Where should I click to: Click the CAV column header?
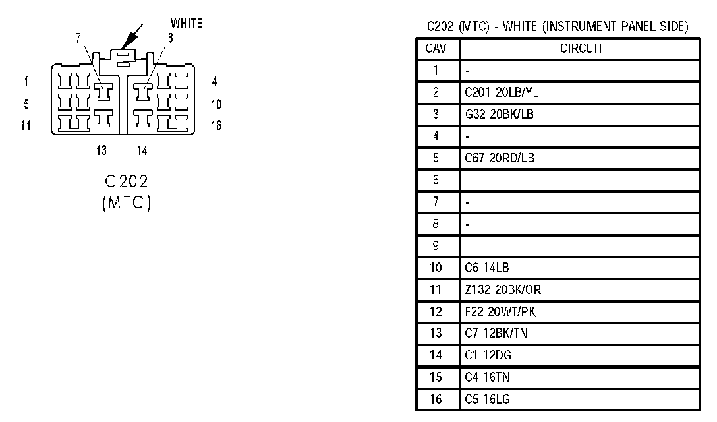tap(436, 49)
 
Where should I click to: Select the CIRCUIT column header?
tap(581, 49)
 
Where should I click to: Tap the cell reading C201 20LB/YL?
tap(497, 93)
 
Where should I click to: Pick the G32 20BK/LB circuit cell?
tap(499, 115)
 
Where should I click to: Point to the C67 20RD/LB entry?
tap(499, 158)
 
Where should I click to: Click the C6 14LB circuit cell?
tap(486, 268)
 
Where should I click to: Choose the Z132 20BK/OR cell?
tap(503, 289)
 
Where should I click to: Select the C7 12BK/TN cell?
tap(496, 333)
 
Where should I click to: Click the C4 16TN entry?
tap(487, 377)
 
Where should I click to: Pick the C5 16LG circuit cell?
tap(487, 399)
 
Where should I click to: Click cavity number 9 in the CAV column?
tap(436, 246)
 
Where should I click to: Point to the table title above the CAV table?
tap(558, 27)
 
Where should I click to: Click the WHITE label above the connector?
tap(186, 24)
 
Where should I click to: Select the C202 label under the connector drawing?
tap(127, 182)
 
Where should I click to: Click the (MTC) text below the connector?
tap(127, 203)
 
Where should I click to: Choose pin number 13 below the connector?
tap(101, 150)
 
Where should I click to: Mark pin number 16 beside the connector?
tap(216, 125)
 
